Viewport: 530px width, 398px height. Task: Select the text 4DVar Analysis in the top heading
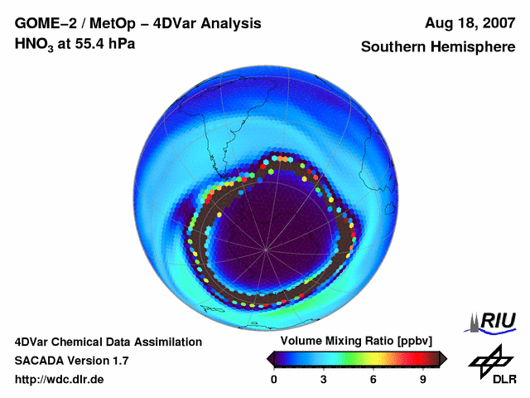click(x=210, y=24)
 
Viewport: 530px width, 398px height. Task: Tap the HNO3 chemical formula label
click(x=36, y=44)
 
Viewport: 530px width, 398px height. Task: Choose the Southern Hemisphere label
click(x=436, y=47)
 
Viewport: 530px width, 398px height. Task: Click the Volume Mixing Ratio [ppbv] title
click(x=357, y=342)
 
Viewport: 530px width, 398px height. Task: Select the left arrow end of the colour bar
click(x=270, y=358)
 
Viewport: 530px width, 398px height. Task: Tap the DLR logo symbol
click(x=488, y=360)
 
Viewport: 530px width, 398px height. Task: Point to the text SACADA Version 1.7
click(x=71, y=361)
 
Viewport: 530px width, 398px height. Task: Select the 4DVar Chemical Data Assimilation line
click(x=108, y=342)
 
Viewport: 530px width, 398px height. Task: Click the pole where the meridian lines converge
click(x=265, y=249)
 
